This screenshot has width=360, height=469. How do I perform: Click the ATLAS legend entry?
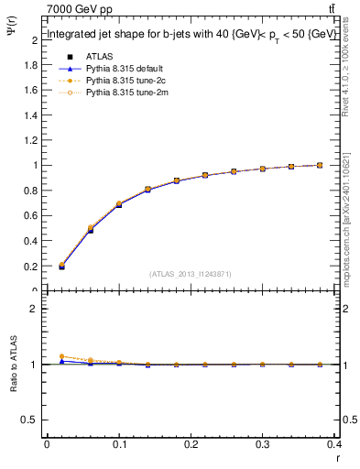tap(94, 56)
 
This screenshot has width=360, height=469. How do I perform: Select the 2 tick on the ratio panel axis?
tap(33, 309)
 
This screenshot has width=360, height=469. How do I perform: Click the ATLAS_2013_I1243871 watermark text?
tap(189, 274)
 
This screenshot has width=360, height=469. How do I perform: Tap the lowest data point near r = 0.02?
tap(61, 267)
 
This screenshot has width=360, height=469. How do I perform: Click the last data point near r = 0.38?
tap(320, 165)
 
